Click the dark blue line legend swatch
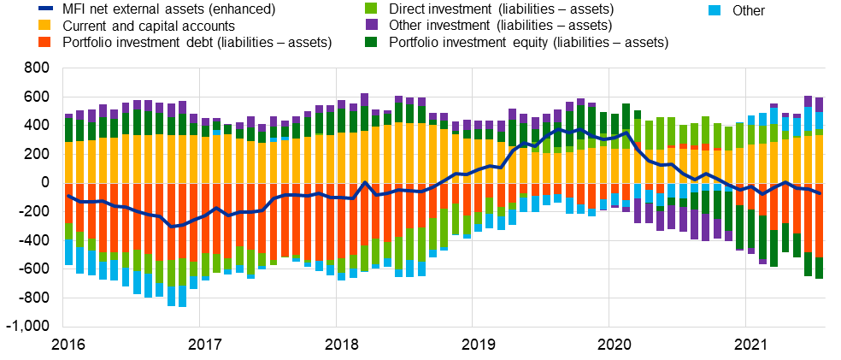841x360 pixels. click(45, 8)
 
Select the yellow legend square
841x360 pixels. click(44, 25)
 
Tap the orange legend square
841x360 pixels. click(44, 42)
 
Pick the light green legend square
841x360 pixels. click(371, 8)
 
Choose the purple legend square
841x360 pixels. click(371, 25)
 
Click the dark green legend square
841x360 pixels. click(371, 42)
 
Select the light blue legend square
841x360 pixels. click(715, 10)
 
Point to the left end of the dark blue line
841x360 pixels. click(68, 196)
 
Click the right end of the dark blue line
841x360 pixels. click(819, 193)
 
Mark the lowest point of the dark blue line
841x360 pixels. click(172, 227)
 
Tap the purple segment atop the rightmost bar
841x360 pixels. click(819, 104)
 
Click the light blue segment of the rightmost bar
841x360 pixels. click(819, 121)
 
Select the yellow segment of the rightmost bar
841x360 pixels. click(819, 158)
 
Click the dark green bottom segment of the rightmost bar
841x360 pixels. click(819, 268)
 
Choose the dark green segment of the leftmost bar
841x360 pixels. click(69, 130)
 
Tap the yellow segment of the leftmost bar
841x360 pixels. click(69, 162)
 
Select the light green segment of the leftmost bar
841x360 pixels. click(69, 232)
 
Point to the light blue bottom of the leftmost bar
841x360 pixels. click(69, 252)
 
